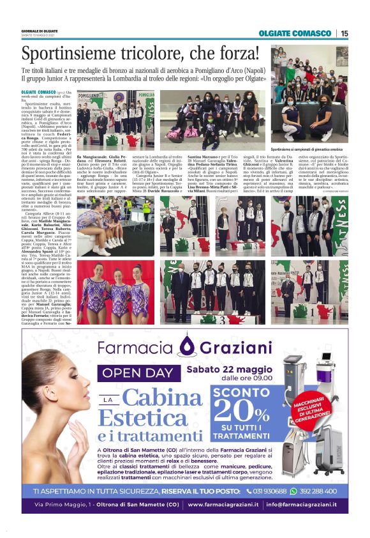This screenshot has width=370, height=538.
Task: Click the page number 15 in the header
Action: tap(344, 34)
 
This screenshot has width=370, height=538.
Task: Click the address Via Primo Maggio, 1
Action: tap(63, 505)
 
